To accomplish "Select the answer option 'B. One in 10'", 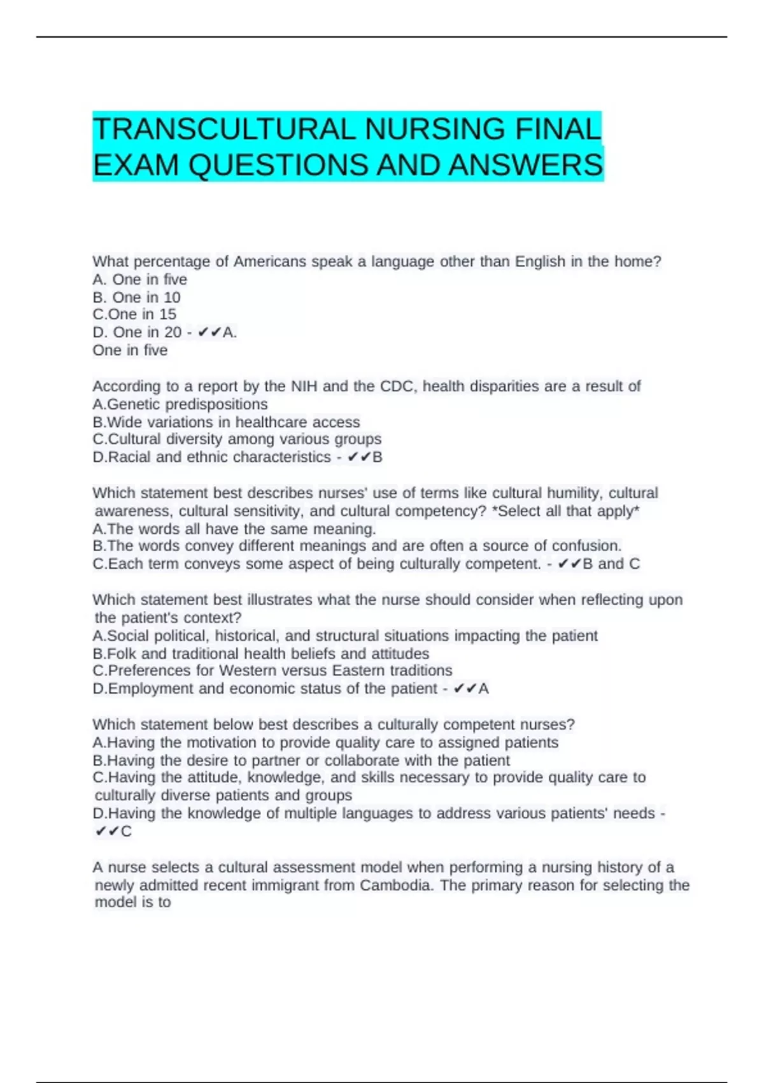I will point(136,298).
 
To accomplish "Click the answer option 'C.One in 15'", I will point(134,314).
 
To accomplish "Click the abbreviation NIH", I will point(304,386).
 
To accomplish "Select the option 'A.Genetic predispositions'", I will point(180,404).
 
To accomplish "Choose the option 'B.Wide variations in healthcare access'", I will point(226,422).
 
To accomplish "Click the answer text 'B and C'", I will point(611,564).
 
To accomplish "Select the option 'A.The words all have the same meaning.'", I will point(234,529).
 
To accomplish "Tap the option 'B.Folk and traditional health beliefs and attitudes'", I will point(261,654).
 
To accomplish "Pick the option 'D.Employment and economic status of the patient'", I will point(265,689).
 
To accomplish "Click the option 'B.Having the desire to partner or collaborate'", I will point(301,760).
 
